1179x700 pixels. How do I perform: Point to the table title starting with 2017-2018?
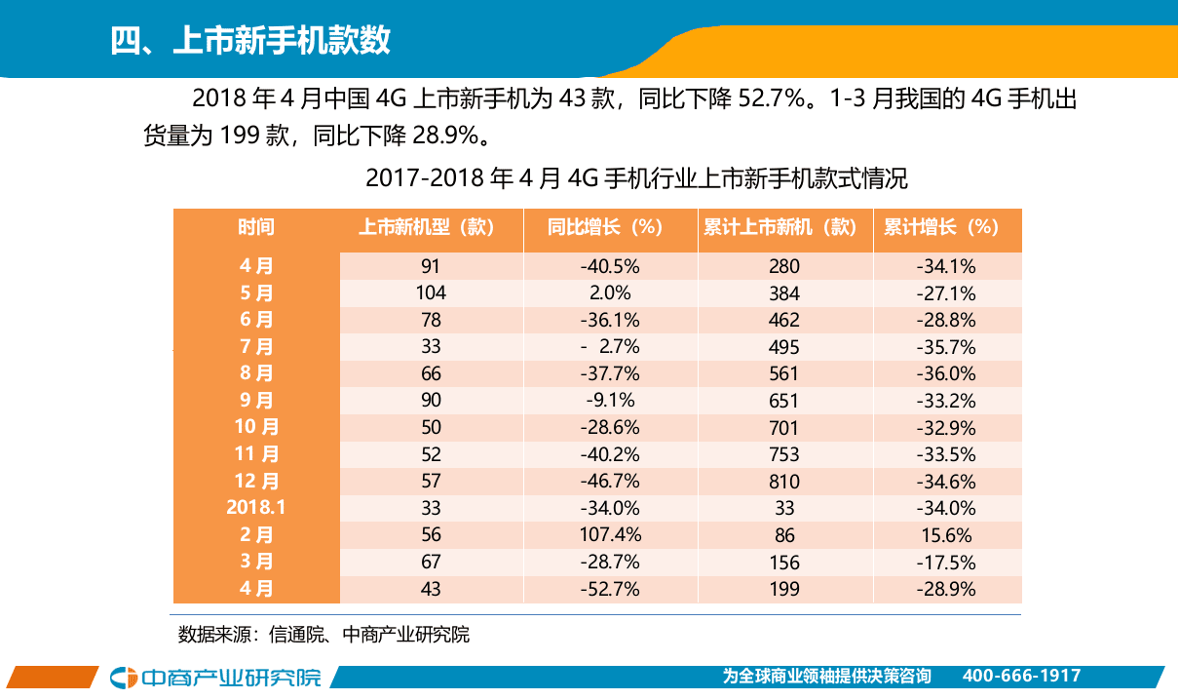point(635,179)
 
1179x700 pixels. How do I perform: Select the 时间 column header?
point(256,227)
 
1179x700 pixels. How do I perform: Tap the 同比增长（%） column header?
point(610,227)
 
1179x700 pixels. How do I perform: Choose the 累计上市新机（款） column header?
point(783,227)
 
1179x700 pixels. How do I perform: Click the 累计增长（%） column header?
point(946,227)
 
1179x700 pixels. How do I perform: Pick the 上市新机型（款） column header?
point(431,227)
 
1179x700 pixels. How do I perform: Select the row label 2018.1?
point(256,507)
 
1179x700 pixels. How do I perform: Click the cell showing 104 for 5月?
point(431,292)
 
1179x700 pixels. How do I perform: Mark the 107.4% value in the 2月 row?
point(610,534)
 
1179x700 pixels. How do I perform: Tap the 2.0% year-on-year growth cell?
point(610,292)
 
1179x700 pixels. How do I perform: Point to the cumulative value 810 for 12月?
point(783,481)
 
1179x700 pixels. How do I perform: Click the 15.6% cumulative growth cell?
point(946,534)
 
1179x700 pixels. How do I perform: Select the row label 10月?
point(256,427)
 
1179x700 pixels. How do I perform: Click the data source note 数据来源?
point(323,635)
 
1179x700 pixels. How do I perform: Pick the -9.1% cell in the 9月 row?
point(610,400)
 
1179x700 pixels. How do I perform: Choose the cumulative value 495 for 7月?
point(783,346)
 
